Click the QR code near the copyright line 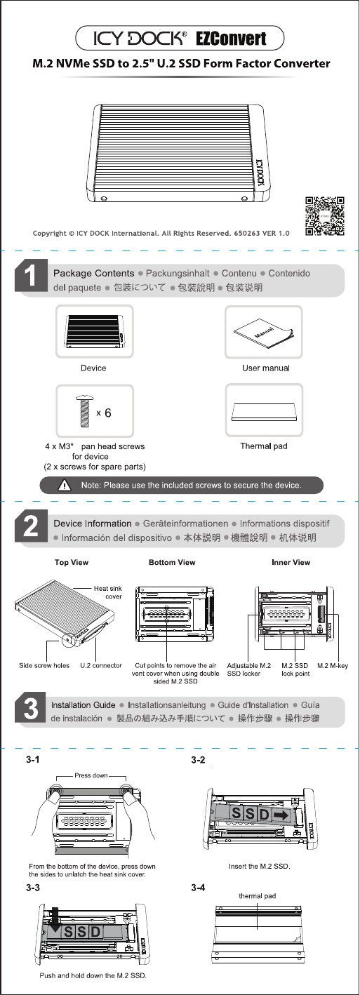pyautogui.click(x=325, y=216)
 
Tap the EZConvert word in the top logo pyautogui.click(x=231, y=39)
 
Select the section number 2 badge pyautogui.click(x=31, y=526)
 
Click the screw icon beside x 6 pyautogui.click(x=84, y=411)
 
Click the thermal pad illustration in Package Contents pyautogui.click(x=264, y=411)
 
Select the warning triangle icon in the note pyautogui.click(x=65, y=485)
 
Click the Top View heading pyautogui.click(x=72, y=562)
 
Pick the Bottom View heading pyautogui.click(x=172, y=562)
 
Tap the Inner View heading pyautogui.click(x=291, y=562)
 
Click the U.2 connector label pyautogui.click(x=101, y=665)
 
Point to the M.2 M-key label pyautogui.click(x=333, y=665)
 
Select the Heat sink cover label pyautogui.click(x=108, y=592)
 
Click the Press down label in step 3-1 pyautogui.click(x=91, y=775)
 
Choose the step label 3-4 pyautogui.click(x=198, y=888)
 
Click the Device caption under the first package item pyautogui.click(x=93, y=368)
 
